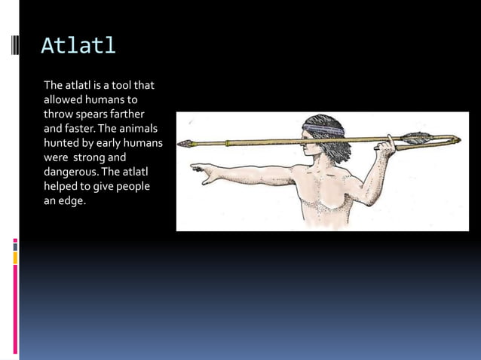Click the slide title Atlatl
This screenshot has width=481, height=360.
[78, 46]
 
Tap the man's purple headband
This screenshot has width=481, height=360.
[323, 130]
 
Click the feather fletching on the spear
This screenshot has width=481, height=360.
[416, 138]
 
